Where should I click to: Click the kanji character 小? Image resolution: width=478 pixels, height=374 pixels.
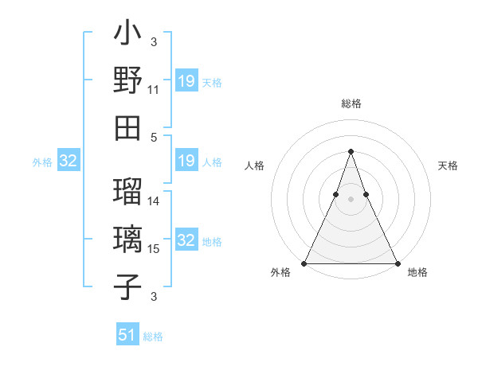(x=127, y=35)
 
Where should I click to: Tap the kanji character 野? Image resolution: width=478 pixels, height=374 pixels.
(x=127, y=81)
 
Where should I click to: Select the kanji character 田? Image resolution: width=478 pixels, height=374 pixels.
(x=127, y=127)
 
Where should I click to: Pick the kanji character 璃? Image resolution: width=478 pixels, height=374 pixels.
(x=127, y=240)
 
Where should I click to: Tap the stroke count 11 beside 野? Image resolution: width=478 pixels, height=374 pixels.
(x=154, y=90)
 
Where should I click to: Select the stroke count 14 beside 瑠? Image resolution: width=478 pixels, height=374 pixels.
(x=154, y=201)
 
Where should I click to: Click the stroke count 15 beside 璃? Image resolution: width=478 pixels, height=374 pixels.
(x=154, y=249)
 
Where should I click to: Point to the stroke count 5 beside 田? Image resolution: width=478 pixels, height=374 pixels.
(x=154, y=137)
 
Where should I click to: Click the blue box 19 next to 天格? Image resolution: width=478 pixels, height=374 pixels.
(x=186, y=81)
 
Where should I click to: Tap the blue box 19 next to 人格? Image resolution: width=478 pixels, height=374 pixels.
(x=186, y=162)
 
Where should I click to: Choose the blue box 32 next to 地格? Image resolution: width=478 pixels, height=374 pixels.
(x=186, y=240)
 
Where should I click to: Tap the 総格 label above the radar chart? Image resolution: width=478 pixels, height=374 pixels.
(x=351, y=104)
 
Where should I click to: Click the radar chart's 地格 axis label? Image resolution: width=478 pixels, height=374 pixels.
(x=417, y=272)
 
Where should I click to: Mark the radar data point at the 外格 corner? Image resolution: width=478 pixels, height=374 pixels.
(x=304, y=263)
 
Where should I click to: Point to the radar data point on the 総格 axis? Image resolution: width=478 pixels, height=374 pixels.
(x=351, y=151)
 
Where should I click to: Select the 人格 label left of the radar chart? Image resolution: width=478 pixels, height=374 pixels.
(x=255, y=166)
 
